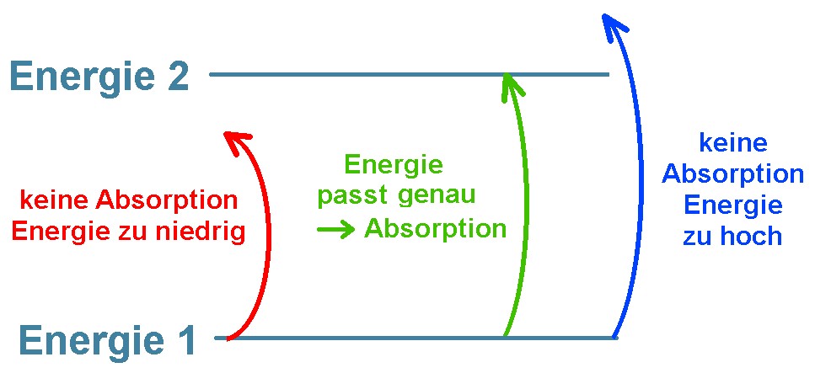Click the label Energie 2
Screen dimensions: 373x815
click(x=99, y=77)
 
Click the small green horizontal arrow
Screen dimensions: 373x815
click(x=335, y=230)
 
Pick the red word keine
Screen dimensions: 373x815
click(x=56, y=201)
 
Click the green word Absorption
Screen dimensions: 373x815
click(x=436, y=229)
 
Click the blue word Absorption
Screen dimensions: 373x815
click(x=732, y=174)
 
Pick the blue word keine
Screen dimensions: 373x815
click(x=732, y=144)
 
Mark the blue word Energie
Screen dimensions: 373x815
click(x=732, y=205)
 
